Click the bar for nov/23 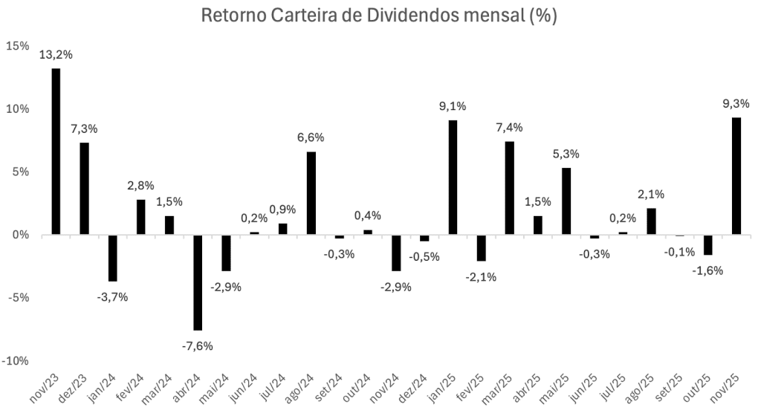(x=56, y=152)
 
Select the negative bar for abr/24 (x=198, y=282)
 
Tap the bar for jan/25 (x=453, y=178)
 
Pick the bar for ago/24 (x=311, y=193)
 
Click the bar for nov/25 (x=736, y=176)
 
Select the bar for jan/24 (x=113, y=258)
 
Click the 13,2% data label (x=56, y=54)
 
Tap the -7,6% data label (x=198, y=345)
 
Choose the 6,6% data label (x=311, y=137)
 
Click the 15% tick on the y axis (x=17, y=46)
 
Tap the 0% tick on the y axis (x=20, y=235)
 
